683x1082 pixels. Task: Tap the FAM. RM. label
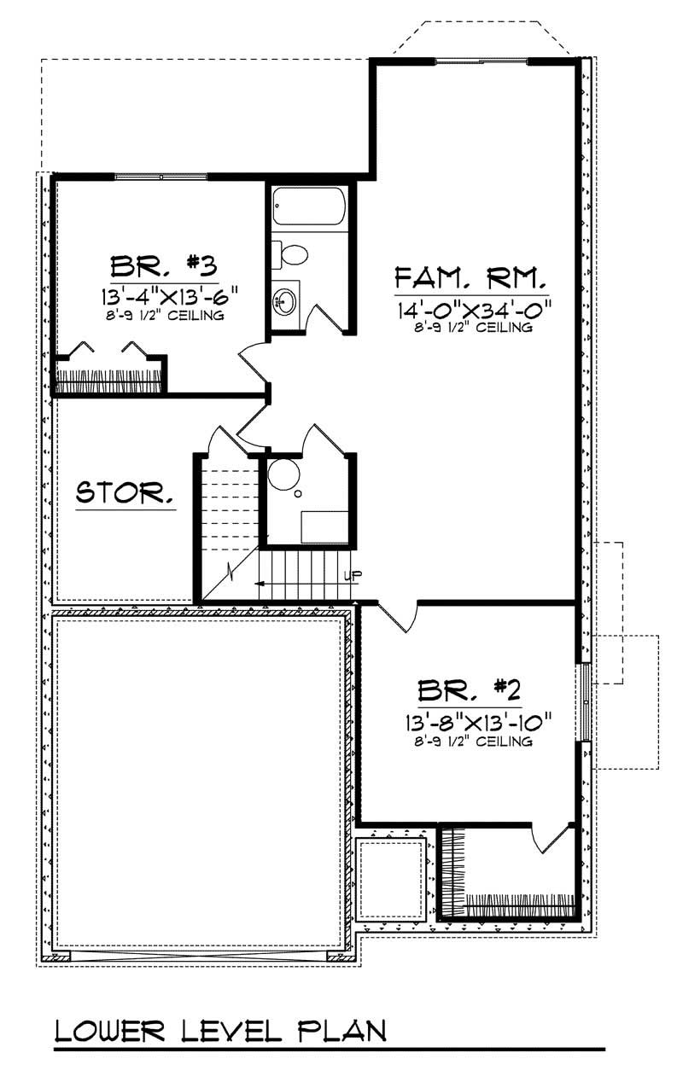click(x=470, y=278)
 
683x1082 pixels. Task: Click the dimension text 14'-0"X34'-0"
click(x=470, y=308)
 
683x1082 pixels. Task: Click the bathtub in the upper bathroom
click(x=309, y=207)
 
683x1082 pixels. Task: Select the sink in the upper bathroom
click(x=285, y=300)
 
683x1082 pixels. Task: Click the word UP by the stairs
click(x=347, y=574)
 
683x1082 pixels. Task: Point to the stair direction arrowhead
click(x=259, y=584)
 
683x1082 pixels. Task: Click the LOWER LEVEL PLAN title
click(x=219, y=1030)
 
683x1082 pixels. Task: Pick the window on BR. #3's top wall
click(x=161, y=177)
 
